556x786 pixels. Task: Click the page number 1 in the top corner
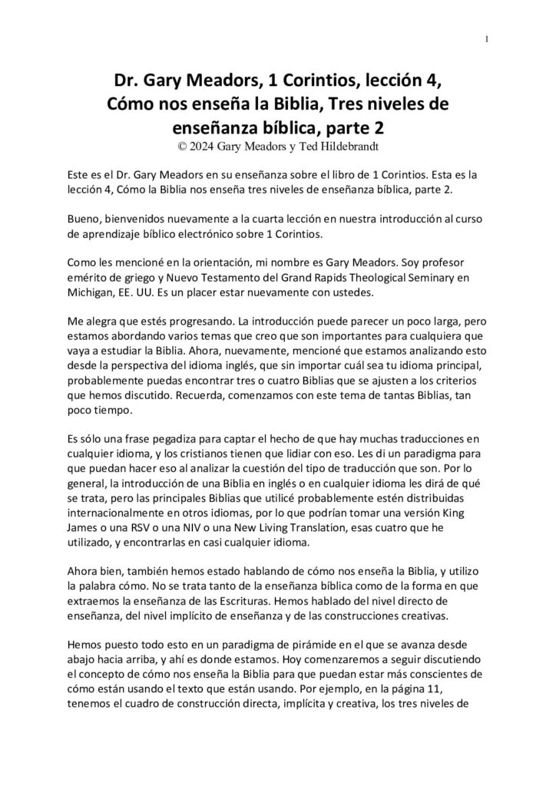click(x=488, y=39)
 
